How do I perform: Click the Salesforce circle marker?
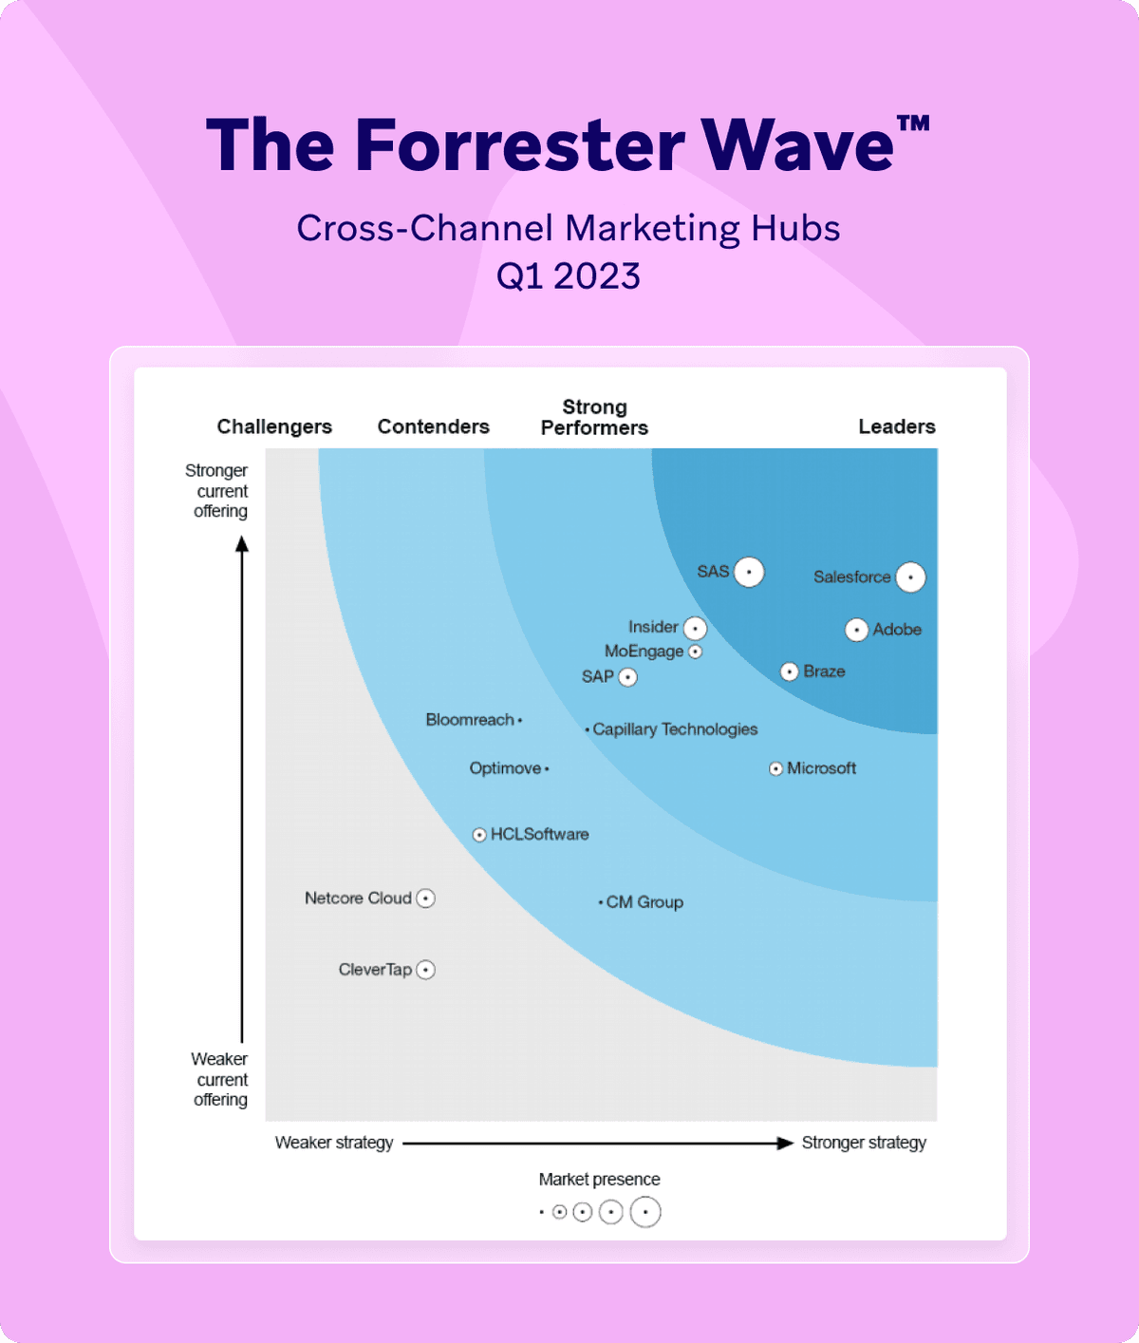[910, 577]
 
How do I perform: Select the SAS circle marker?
[749, 572]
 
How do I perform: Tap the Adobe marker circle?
[856, 630]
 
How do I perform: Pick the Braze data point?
[789, 671]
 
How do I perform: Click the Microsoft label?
[821, 768]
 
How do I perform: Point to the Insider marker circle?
[695, 628]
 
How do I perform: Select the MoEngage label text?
[644, 652]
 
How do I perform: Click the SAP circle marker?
[627, 677]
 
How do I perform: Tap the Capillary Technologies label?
[675, 729]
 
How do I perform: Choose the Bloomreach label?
[469, 720]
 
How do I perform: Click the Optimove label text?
[505, 768]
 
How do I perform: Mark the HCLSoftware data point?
[479, 835]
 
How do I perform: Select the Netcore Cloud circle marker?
[426, 898]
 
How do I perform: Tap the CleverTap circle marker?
[426, 970]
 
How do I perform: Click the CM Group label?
[644, 902]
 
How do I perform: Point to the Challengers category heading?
[274, 426]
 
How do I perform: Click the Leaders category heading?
[896, 426]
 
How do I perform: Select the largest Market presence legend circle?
[645, 1212]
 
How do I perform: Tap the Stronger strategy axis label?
[864, 1143]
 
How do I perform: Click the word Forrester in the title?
[519, 145]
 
